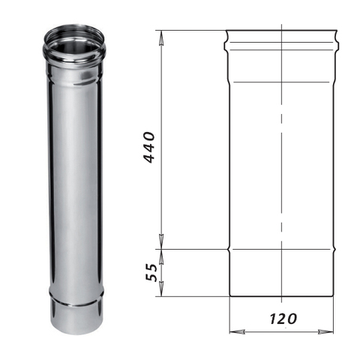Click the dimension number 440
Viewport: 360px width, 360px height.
150,148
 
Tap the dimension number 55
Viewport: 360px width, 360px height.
152,272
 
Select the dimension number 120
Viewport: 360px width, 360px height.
283,319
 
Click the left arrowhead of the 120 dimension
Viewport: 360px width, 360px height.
237,332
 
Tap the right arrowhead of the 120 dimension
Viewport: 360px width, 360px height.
325,332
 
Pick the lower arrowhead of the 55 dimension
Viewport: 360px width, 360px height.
162,289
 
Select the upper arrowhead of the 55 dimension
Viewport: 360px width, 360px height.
162,256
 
